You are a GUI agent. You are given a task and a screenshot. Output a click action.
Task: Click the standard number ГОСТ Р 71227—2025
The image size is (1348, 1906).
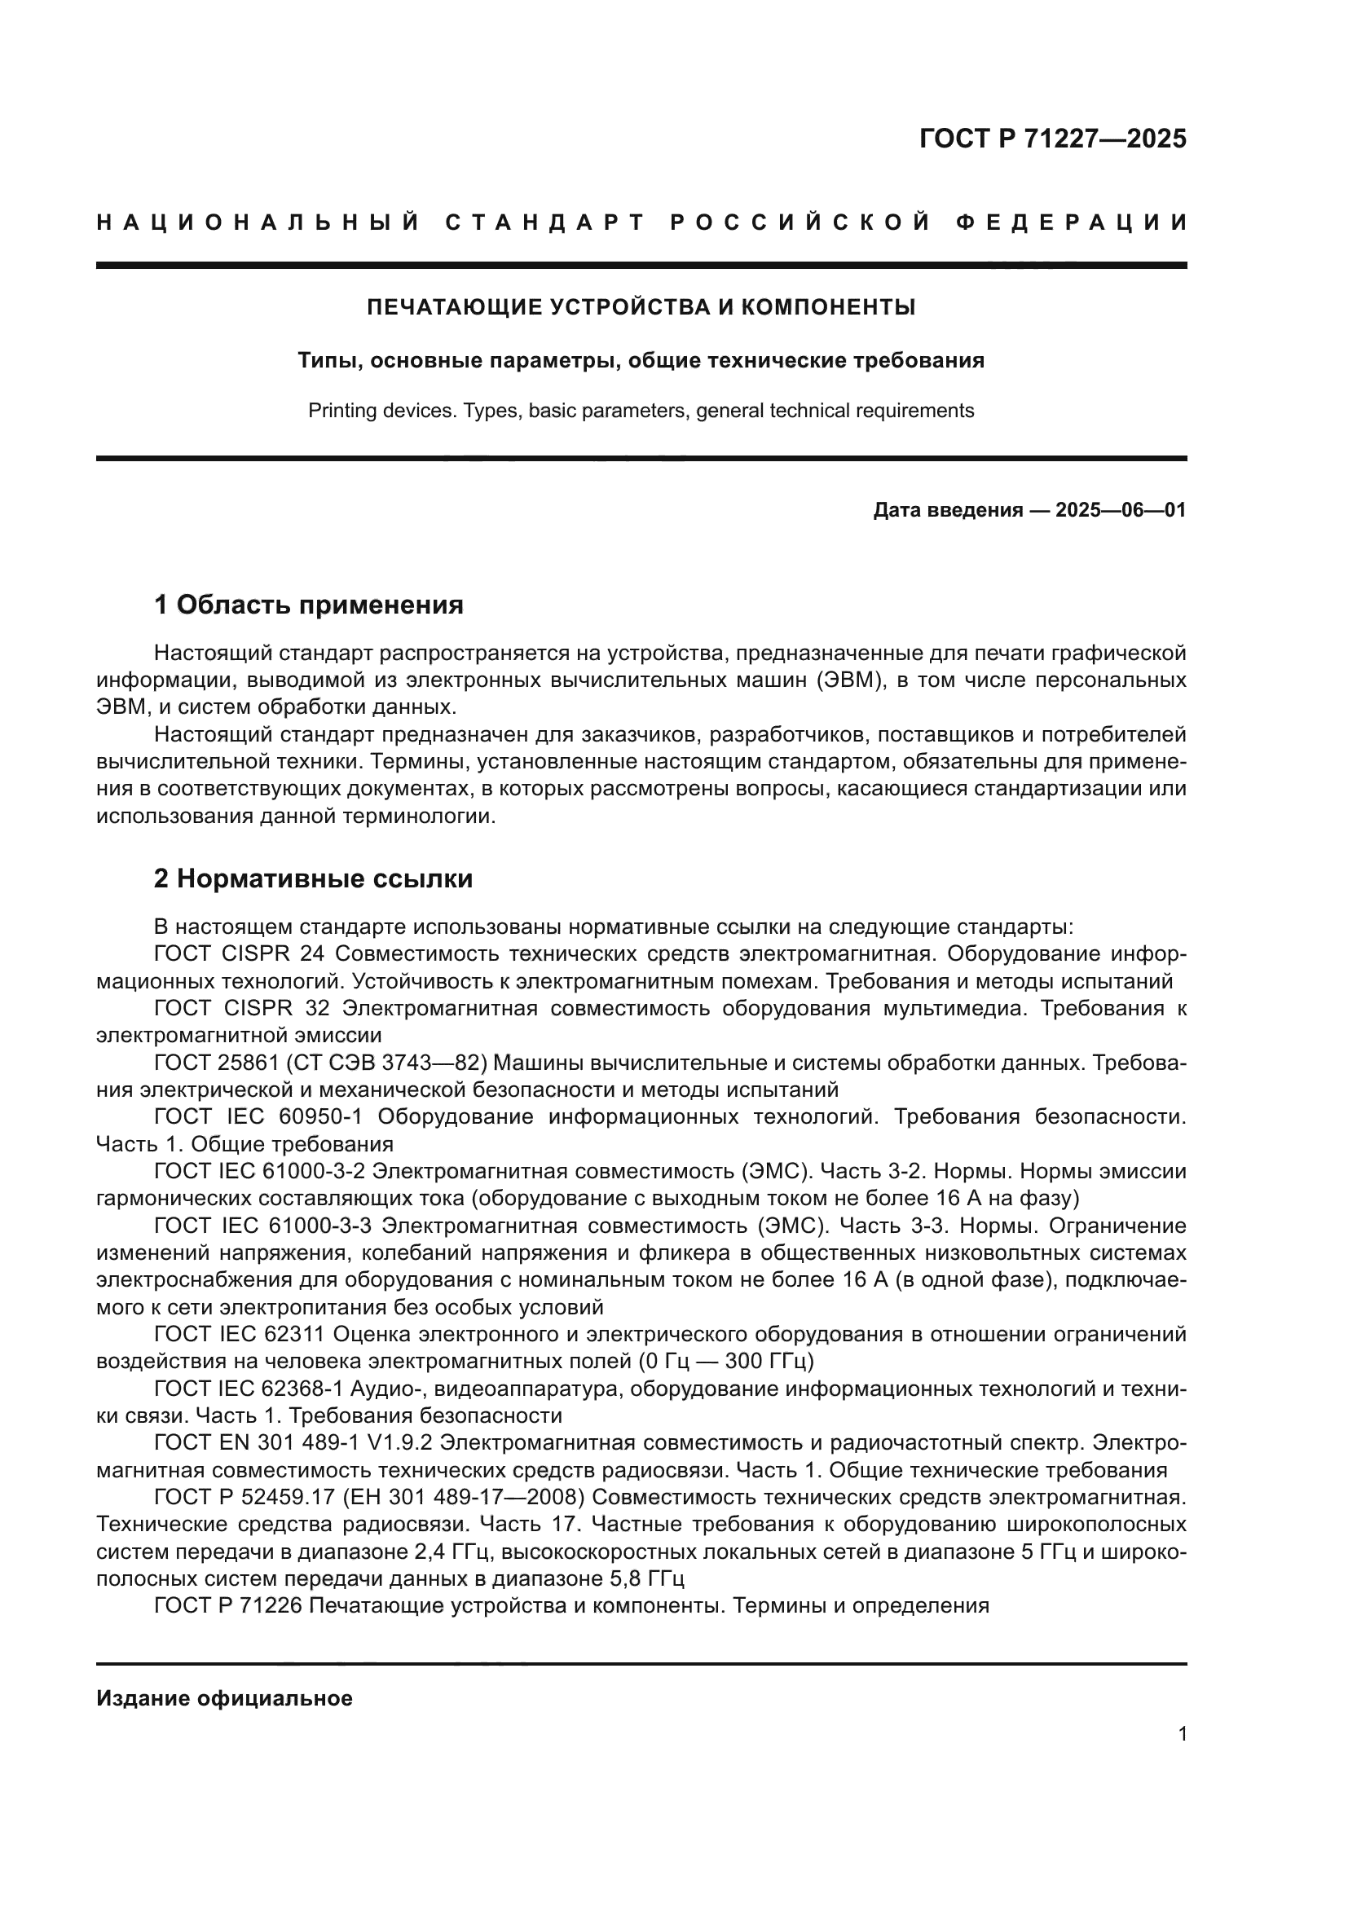(x=1052, y=139)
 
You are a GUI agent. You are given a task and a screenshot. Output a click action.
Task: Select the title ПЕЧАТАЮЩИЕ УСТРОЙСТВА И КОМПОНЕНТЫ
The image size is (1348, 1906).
(x=641, y=308)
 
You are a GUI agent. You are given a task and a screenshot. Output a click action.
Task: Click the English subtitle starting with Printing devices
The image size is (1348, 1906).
(x=641, y=411)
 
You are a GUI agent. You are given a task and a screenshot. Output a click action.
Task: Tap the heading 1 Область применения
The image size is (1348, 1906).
(x=309, y=605)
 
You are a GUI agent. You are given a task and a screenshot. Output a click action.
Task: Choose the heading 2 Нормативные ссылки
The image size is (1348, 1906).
(x=313, y=878)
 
